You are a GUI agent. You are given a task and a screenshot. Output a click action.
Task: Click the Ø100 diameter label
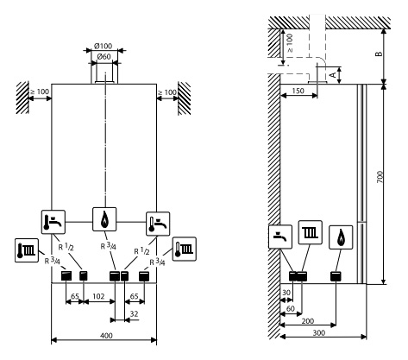[103, 46]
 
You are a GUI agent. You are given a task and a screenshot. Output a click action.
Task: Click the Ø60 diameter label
[104, 57]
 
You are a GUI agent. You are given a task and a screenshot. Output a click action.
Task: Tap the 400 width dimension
[107, 336]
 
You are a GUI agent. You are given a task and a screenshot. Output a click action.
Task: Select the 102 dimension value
[98, 296]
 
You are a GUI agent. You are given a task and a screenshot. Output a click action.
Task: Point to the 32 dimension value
[134, 313]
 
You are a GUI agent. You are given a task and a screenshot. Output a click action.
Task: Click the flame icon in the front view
[104, 219]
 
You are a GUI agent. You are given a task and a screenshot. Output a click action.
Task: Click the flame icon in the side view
[341, 237]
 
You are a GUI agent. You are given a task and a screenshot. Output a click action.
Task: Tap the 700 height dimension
[380, 177]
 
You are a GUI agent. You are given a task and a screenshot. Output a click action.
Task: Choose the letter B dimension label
[380, 54]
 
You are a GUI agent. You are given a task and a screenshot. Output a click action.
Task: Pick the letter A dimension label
[333, 75]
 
